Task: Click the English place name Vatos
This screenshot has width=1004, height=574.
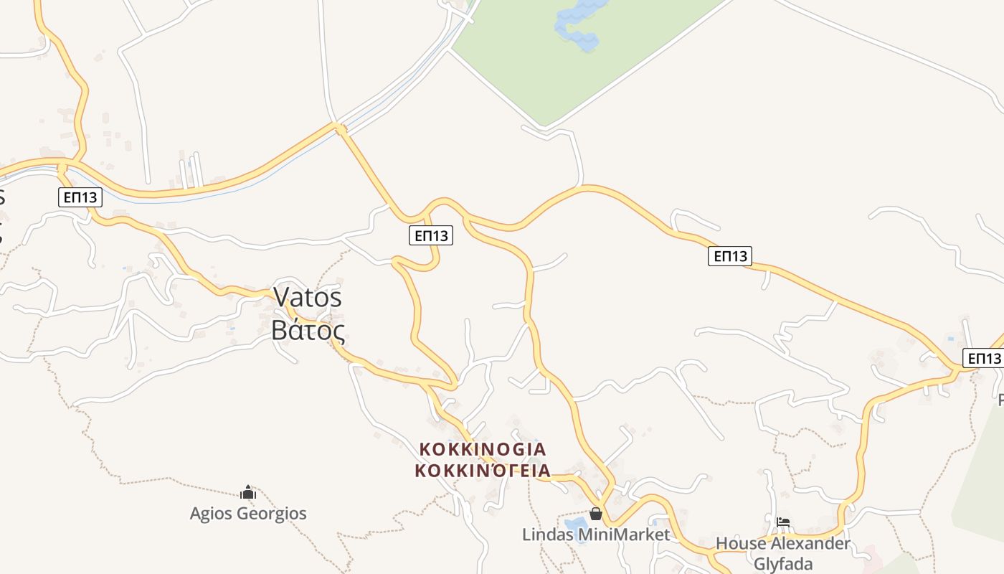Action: (x=308, y=297)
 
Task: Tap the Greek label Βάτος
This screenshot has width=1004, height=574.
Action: (x=308, y=330)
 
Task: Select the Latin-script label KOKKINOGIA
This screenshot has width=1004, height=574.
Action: (x=483, y=449)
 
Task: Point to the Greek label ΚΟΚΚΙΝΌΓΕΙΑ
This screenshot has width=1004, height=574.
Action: (x=483, y=471)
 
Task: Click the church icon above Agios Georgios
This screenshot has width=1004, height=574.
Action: (x=248, y=493)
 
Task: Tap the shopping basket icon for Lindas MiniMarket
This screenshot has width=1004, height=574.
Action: (x=595, y=514)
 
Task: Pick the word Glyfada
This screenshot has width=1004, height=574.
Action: (x=782, y=563)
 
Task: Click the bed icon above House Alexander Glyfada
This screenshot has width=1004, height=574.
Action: (x=783, y=522)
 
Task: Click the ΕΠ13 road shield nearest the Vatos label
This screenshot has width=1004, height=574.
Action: (x=431, y=235)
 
